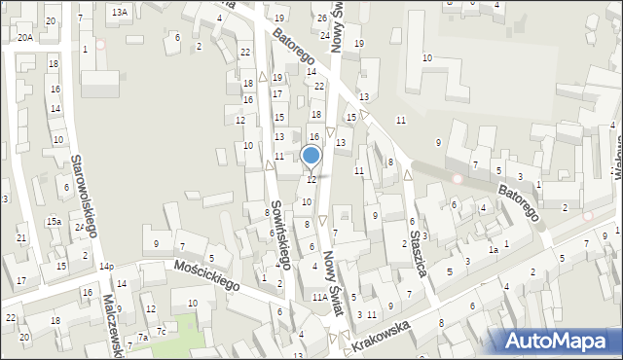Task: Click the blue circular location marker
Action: (311, 155)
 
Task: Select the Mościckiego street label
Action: (206, 277)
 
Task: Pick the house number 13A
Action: (119, 12)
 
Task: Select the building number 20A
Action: (24, 37)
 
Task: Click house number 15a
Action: (54, 222)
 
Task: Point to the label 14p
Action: (106, 267)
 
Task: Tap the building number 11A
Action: (319, 297)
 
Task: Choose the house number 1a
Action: (494, 250)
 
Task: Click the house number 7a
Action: (142, 337)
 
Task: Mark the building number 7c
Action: (163, 332)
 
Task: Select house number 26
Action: (321, 18)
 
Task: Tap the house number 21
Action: (21, 238)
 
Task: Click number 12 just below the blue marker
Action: (311, 179)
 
